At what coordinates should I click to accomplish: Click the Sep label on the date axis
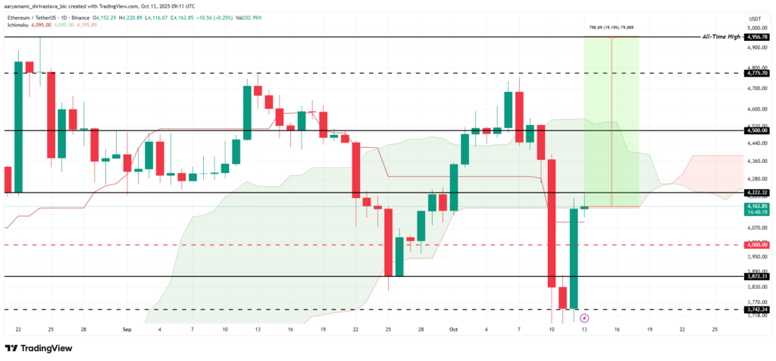(x=127, y=331)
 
